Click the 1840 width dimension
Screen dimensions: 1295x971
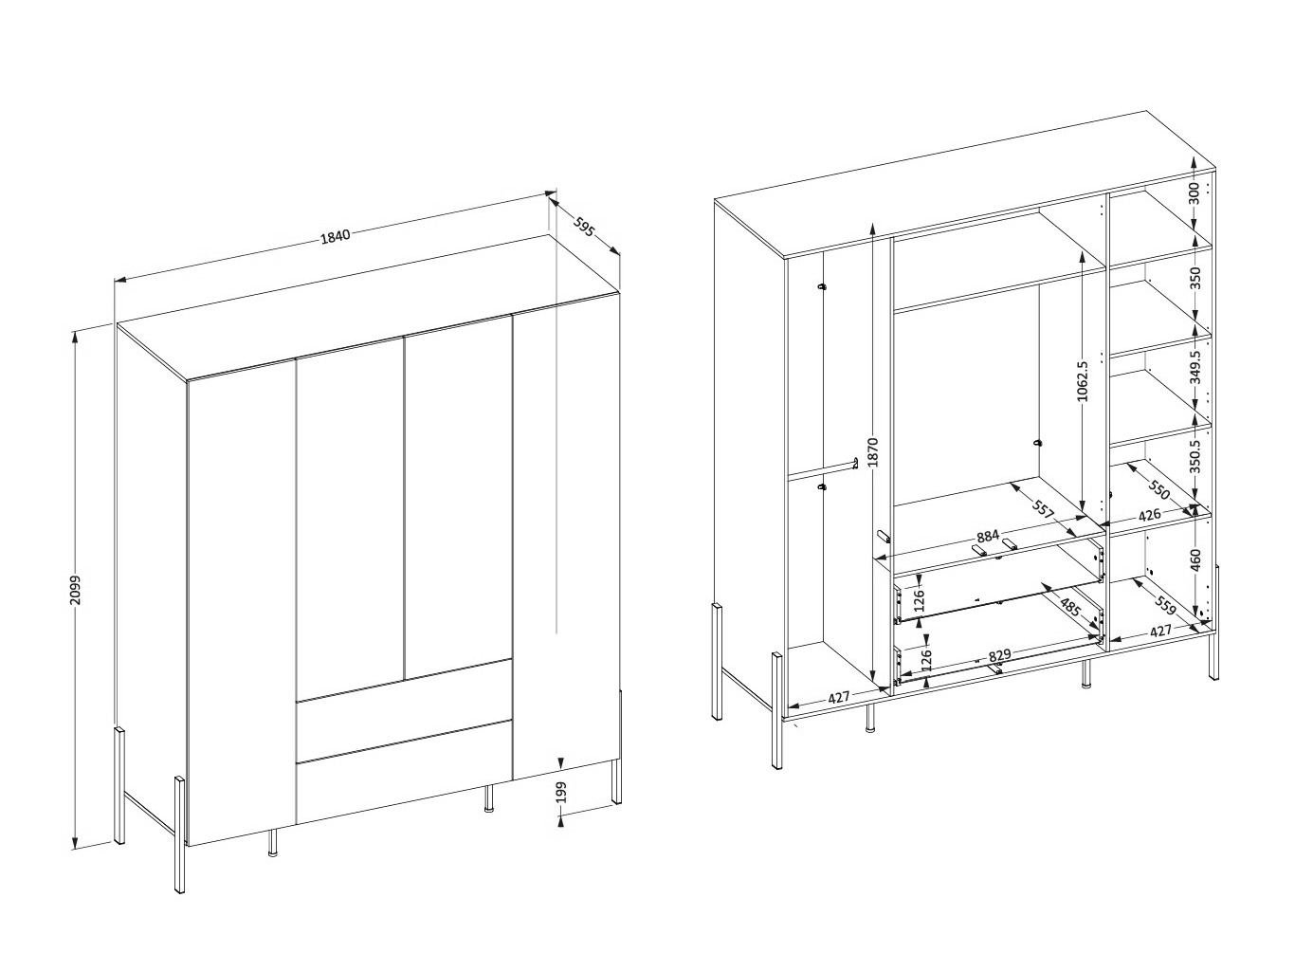(335, 236)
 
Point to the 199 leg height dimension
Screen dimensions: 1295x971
(561, 792)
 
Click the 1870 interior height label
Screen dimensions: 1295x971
(874, 452)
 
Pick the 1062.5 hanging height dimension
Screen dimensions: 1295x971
(1082, 381)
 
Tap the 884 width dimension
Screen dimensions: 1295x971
(987, 537)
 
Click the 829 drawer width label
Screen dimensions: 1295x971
(999, 655)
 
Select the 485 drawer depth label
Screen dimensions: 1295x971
(1070, 608)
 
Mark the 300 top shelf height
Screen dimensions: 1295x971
(1195, 193)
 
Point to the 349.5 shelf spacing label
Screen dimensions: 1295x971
(1195, 367)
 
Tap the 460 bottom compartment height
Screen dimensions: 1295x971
(1195, 559)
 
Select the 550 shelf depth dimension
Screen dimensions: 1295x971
(1158, 489)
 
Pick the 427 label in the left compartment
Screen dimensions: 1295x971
(838, 697)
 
